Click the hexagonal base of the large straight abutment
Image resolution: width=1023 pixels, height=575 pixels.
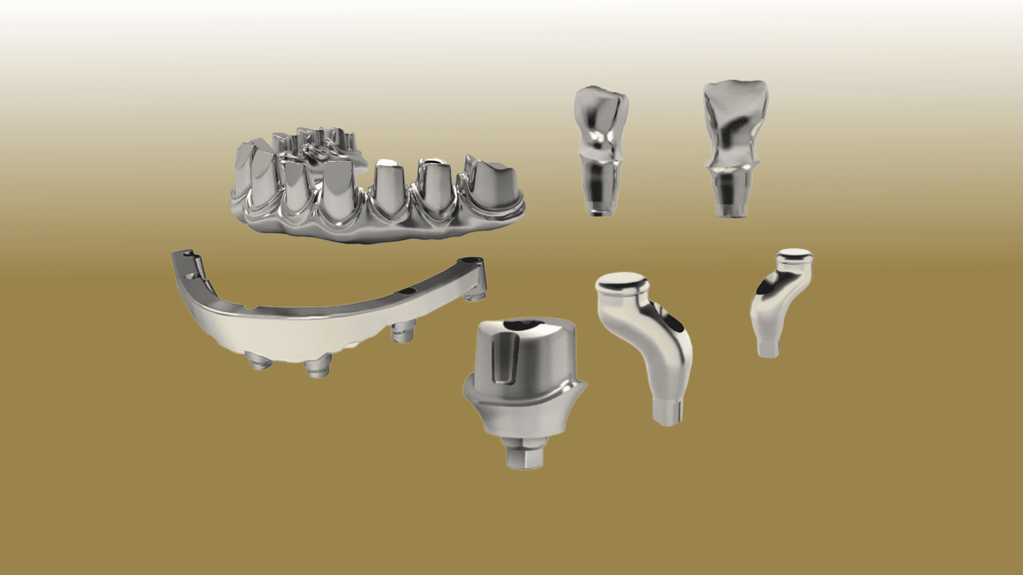[525, 455]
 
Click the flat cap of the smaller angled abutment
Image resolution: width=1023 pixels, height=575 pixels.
[794, 255]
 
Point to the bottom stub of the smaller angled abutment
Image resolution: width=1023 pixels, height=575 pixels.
[768, 348]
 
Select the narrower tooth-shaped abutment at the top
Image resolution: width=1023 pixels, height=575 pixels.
[601, 149]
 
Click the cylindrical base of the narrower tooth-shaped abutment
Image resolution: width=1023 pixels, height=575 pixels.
[599, 189]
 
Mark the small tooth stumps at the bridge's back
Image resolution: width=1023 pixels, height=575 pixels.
[314, 139]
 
